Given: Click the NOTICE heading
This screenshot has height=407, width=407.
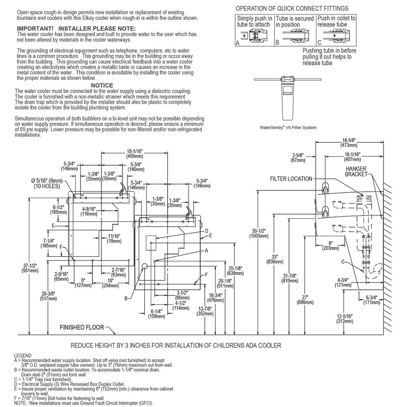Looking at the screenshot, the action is (102, 85).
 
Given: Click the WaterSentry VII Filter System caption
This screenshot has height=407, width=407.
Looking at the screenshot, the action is (288, 127).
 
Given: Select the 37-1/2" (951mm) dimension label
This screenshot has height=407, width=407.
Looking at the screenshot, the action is (30, 268).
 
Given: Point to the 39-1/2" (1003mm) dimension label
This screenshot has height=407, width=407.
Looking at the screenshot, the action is (258, 233).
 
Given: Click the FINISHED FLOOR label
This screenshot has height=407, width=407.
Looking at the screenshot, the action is (82, 327).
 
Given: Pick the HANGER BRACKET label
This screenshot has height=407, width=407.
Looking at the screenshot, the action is (356, 172).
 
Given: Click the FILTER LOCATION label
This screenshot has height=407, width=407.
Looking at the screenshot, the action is (291, 179).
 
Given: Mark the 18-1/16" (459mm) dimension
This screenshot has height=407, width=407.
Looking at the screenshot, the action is (134, 154).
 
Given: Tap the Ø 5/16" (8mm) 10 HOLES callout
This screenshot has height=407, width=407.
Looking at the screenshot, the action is (47, 183).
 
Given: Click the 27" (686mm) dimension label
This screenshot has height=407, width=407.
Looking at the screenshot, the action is (305, 300).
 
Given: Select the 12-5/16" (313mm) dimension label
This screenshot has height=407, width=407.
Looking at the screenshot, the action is (345, 319).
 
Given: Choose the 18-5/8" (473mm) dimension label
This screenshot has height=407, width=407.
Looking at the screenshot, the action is (349, 143).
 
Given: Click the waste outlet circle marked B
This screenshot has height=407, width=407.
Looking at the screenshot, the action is (144, 266).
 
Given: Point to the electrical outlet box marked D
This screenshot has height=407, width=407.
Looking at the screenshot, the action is (151, 243).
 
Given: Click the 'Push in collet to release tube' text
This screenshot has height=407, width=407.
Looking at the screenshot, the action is (337, 21).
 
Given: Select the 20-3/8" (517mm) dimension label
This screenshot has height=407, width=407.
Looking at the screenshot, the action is (48, 296).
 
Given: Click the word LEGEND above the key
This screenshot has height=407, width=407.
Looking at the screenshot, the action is (22, 356).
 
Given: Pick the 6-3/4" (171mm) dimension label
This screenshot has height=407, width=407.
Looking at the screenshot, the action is (372, 300).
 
